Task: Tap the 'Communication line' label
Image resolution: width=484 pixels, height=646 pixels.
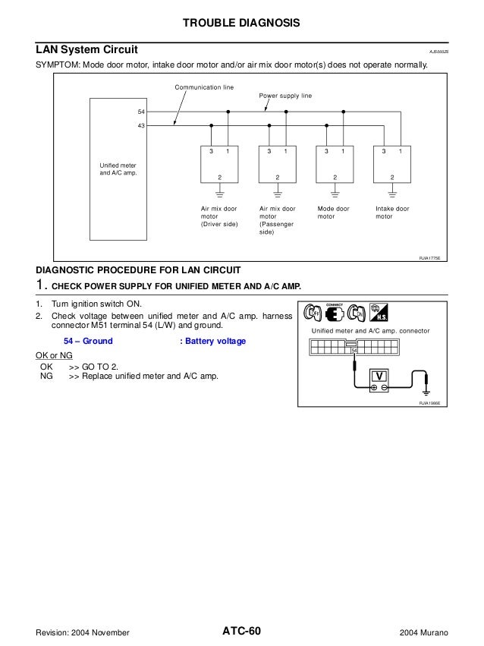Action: [204, 88]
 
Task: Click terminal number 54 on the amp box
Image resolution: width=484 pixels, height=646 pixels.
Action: [141, 112]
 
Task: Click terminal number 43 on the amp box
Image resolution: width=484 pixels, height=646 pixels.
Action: [141, 125]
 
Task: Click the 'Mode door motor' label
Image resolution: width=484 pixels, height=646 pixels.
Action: [333, 212]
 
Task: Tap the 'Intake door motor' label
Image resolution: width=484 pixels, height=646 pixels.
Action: [392, 212]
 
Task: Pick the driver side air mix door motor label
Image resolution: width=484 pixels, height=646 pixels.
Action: [219, 216]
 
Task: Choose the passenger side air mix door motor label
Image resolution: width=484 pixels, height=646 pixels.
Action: [277, 220]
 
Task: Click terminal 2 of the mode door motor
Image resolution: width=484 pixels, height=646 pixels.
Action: [335, 177]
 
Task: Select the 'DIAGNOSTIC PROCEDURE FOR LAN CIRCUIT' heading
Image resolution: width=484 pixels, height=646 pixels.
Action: [140, 271]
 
